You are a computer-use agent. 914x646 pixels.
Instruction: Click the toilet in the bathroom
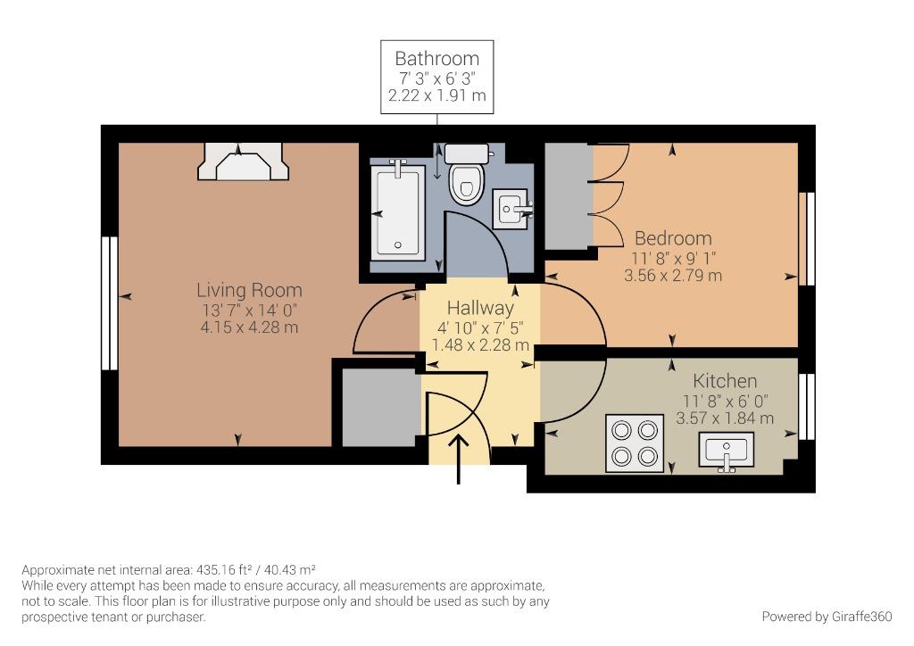tap(467, 174)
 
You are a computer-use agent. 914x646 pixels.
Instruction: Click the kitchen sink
tap(727, 450)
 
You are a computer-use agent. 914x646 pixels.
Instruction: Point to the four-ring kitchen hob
tap(635, 443)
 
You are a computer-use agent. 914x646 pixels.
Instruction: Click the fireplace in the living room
tap(243, 161)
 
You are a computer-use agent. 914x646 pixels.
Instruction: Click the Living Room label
tap(250, 290)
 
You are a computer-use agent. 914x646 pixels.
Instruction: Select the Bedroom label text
tap(673, 238)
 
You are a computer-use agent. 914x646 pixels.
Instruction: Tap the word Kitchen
tap(725, 381)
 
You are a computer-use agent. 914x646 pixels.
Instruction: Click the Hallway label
tap(480, 308)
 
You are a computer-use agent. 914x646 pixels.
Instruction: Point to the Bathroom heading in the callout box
tap(437, 58)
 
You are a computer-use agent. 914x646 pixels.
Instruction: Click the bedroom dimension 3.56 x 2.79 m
tap(673, 275)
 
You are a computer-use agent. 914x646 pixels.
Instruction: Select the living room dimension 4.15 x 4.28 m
tap(250, 327)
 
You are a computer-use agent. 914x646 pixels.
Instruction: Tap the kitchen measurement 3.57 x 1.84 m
tap(725, 418)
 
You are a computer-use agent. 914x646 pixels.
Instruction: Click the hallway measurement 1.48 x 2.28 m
tap(480, 344)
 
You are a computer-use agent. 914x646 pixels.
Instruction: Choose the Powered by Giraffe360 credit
tap(827, 617)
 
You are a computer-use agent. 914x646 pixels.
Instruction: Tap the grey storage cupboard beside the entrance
tap(381, 407)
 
